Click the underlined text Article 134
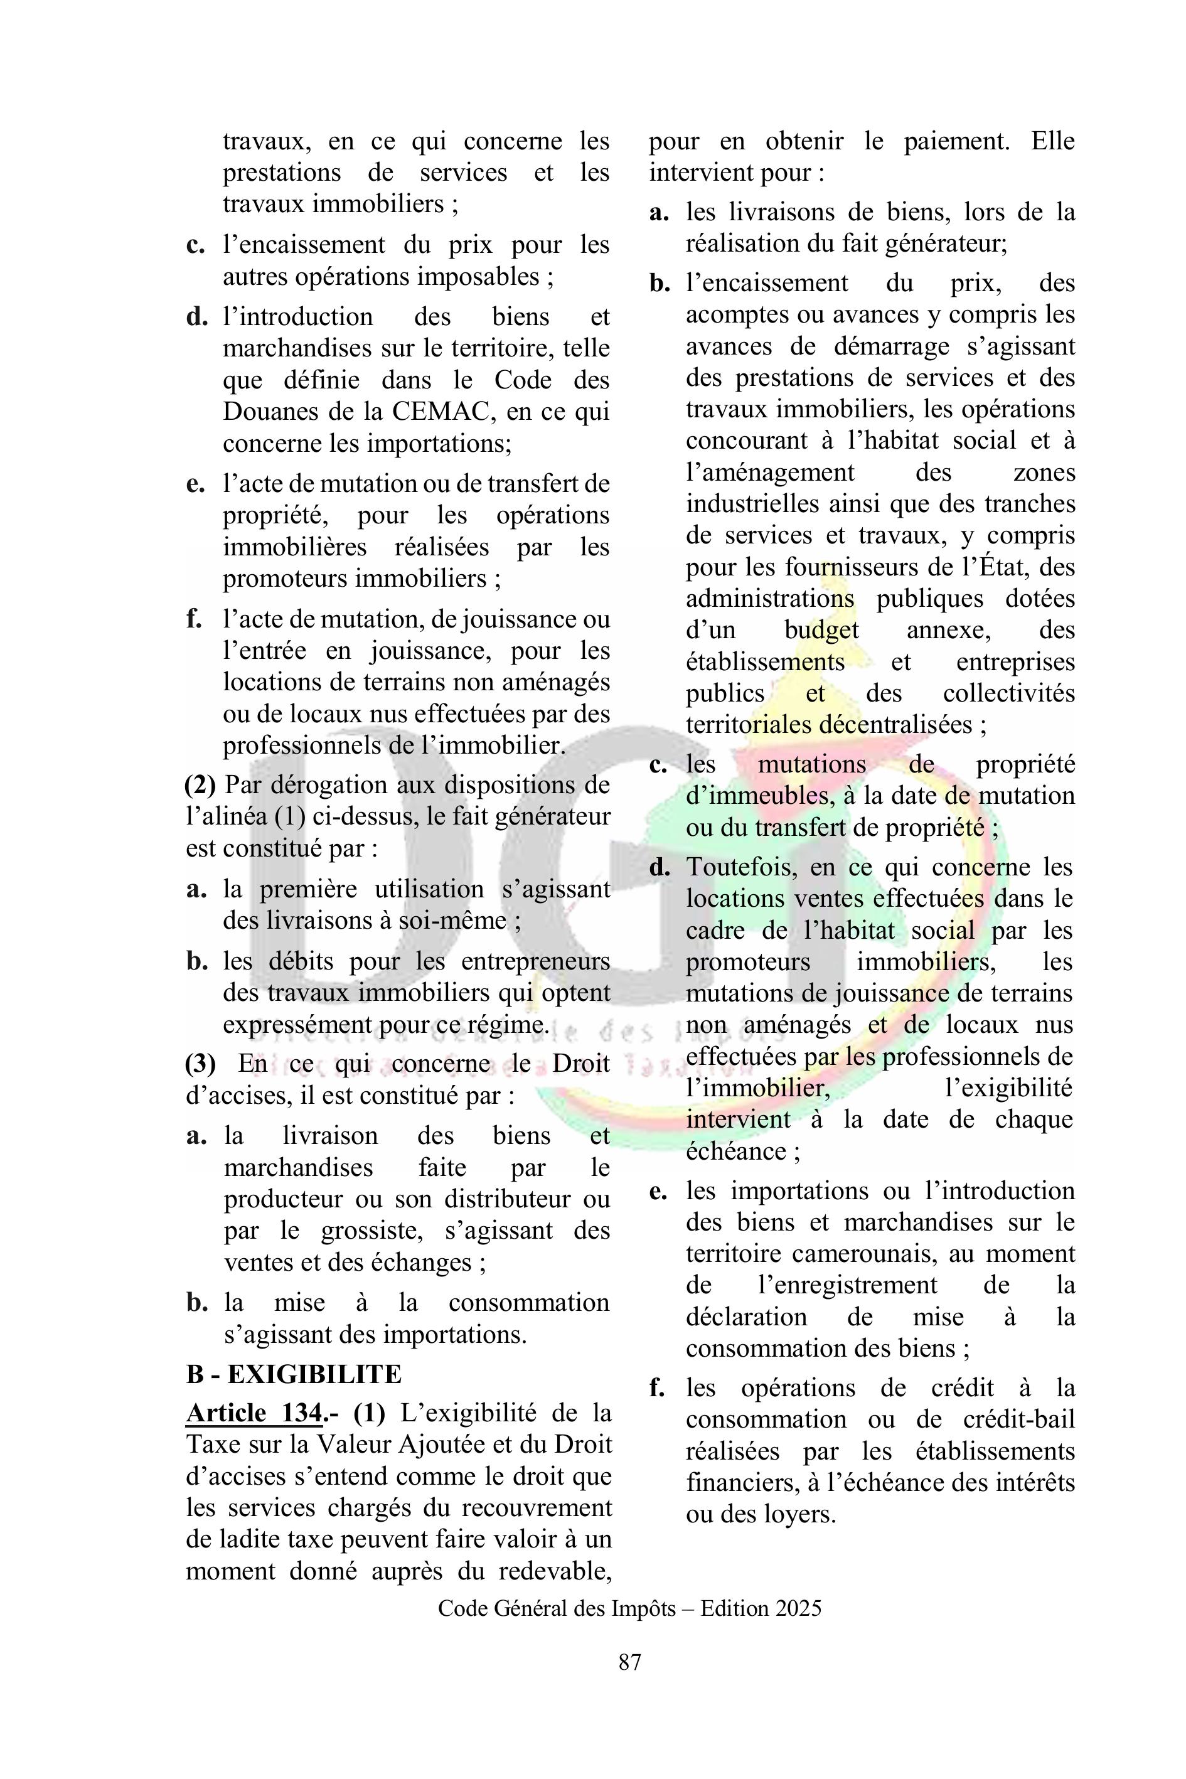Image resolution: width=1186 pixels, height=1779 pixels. (x=254, y=1413)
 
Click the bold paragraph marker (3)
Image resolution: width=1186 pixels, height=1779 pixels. (x=200, y=1064)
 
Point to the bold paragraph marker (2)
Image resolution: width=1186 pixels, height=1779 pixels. (x=200, y=785)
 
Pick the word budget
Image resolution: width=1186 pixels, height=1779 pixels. (x=821, y=630)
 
